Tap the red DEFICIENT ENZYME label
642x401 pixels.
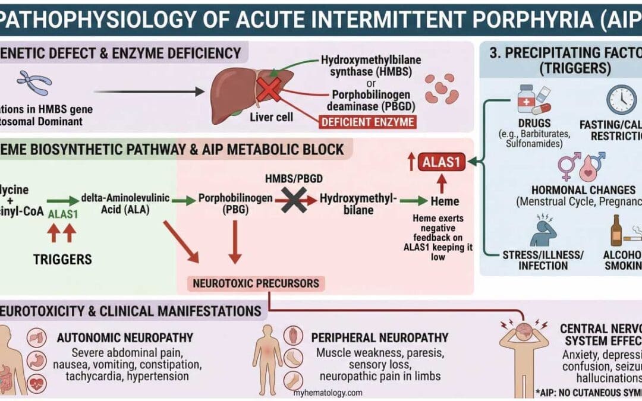click(x=367, y=123)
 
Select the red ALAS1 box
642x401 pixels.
click(x=441, y=162)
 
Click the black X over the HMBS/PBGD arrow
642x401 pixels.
click(x=294, y=200)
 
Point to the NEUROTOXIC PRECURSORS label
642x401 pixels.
click(x=256, y=283)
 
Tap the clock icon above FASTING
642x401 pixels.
click(x=621, y=99)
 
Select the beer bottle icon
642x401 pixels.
click(x=616, y=231)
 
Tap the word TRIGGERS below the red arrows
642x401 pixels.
click(x=62, y=259)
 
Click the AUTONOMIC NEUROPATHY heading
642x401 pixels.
click(x=125, y=338)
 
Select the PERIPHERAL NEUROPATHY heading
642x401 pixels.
click(x=380, y=338)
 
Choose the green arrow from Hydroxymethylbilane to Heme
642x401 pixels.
click(x=414, y=201)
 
